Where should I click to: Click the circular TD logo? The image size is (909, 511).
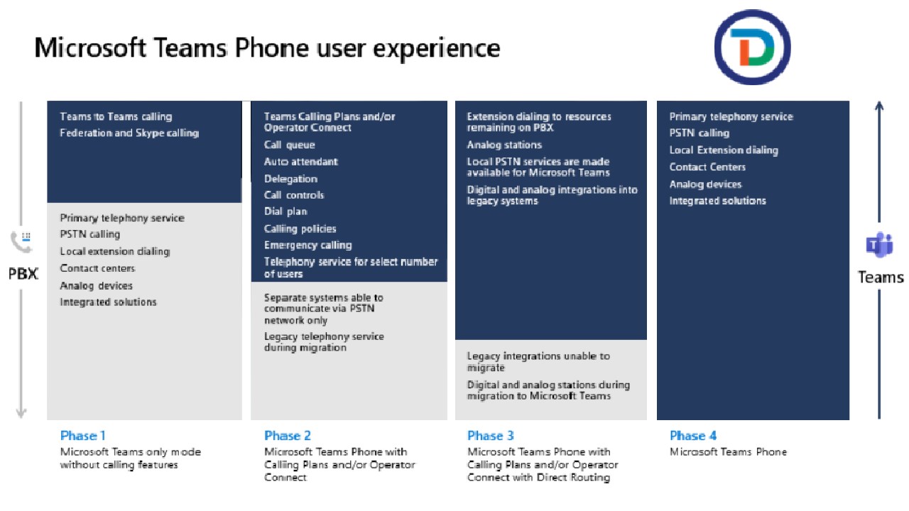click(x=752, y=47)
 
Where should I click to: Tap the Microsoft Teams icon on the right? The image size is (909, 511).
click(x=879, y=245)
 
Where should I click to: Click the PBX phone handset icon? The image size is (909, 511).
click(x=21, y=242)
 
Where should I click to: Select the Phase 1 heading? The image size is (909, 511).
click(x=83, y=436)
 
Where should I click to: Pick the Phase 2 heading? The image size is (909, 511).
click(x=288, y=436)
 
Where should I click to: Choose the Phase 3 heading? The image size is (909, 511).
click(x=491, y=436)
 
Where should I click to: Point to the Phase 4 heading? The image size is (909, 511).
click(x=693, y=436)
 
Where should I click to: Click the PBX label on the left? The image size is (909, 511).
click(x=23, y=274)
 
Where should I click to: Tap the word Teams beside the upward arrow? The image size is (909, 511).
click(x=881, y=278)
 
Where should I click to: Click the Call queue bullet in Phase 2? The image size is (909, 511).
click(x=289, y=145)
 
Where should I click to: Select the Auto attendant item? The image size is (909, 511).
click(x=300, y=162)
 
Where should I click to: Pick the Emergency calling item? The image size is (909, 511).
click(x=308, y=246)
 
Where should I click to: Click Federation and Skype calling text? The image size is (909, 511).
click(x=129, y=133)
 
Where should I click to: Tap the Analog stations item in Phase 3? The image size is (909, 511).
click(x=504, y=145)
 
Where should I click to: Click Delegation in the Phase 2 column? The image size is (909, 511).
click(x=290, y=179)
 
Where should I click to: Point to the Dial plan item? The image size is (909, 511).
click(x=285, y=211)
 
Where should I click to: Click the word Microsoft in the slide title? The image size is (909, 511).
click(x=90, y=48)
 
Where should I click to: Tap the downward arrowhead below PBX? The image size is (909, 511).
click(x=21, y=413)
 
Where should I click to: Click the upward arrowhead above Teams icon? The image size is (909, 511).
click(x=879, y=106)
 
